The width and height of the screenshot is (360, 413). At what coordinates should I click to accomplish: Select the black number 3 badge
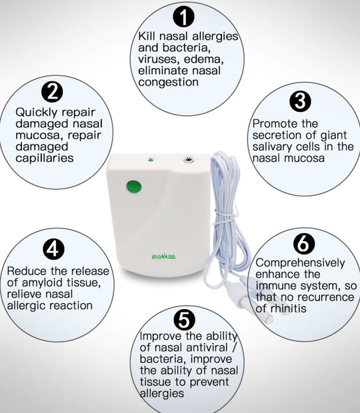click(x=301, y=101)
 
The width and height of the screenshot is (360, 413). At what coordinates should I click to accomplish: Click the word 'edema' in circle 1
click(x=203, y=59)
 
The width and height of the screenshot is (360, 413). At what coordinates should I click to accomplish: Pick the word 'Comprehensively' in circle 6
click(x=300, y=262)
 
